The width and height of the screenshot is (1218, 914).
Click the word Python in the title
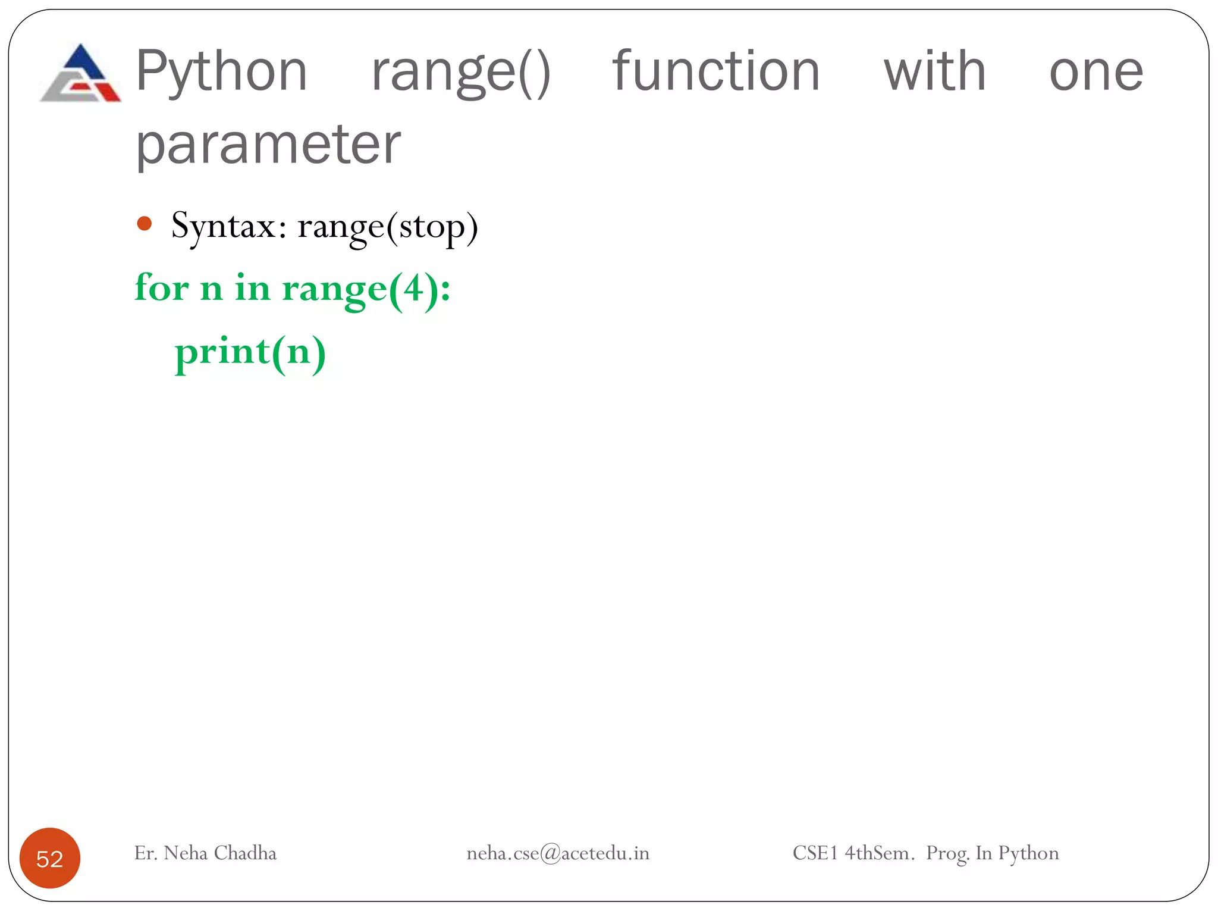click(x=221, y=73)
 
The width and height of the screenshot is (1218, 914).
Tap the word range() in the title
click(x=460, y=73)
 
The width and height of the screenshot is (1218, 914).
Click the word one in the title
click(x=1095, y=73)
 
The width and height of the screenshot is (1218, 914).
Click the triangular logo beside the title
click(x=81, y=74)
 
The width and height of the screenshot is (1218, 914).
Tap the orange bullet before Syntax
click(x=145, y=224)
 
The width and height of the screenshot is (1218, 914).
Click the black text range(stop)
click(x=388, y=227)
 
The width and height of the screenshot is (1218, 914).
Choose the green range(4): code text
click(x=366, y=290)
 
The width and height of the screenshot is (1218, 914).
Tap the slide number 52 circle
click(x=50, y=858)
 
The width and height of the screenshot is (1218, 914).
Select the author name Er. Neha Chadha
click(x=205, y=853)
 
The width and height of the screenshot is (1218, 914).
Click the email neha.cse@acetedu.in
click(x=557, y=853)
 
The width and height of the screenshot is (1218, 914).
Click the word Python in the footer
click(x=1028, y=853)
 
